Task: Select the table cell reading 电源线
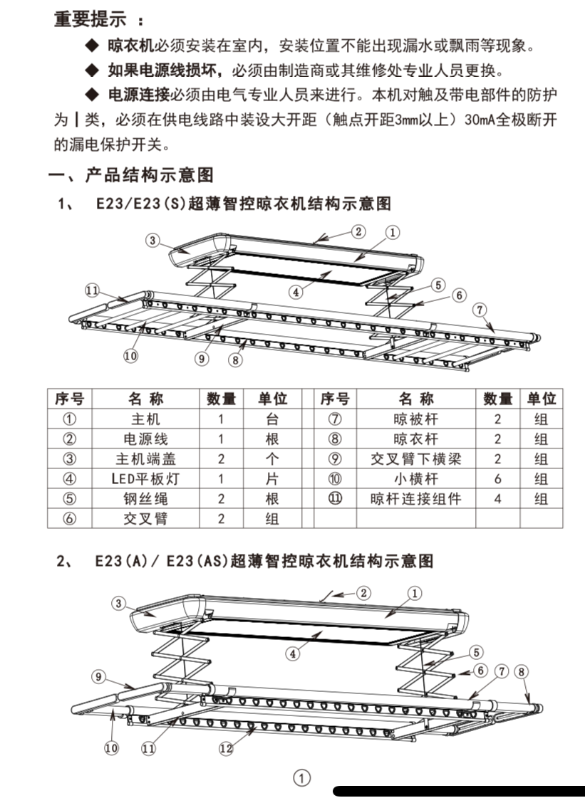[145, 439]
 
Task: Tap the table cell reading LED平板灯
[145, 479]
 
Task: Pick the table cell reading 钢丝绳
[145, 499]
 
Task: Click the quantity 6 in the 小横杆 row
[498, 479]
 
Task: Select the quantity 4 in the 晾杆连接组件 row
[498, 499]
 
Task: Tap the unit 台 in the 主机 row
[271, 419]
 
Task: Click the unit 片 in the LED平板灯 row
[271, 479]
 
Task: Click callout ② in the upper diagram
[358, 231]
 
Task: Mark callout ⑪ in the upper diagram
[92, 290]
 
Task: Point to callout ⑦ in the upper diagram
[480, 310]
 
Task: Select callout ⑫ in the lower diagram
[226, 748]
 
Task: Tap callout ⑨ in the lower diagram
[99, 676]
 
